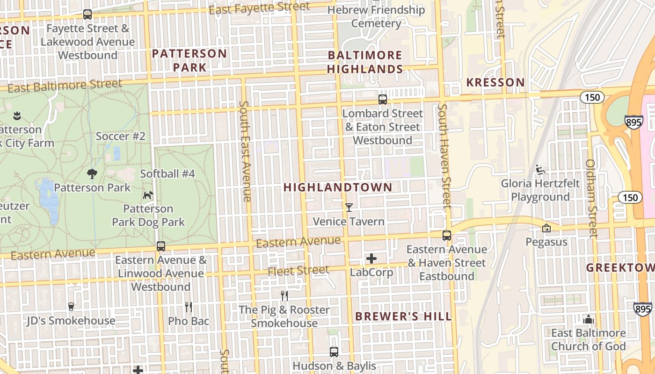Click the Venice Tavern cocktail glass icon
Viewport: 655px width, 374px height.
pyautogui.click(x=349, y=208)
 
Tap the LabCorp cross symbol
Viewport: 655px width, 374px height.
pyautogui.click(x=371, y=258)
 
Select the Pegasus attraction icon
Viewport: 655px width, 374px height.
pyautogui.click(x=546, y=228)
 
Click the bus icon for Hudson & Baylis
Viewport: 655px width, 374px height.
pyautogui.click(x=334, y=352)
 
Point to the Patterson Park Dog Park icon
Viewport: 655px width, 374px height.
pyautogui.click(x=148, y=195)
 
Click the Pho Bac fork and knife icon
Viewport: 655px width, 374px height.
pyautogui.click(x=189, y=307)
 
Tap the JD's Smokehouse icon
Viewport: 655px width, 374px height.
pyautogui.click(x=71, y=307)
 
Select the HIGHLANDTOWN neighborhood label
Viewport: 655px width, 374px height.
pyautogui.click(x=338, y=187)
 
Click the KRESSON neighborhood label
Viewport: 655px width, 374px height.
pyautogui.click(x=495, y=83)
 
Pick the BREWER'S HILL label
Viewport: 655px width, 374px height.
pyautogui.click(x=403, y=316)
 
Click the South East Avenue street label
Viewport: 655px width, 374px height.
pyautogui.click(x=245, y=151)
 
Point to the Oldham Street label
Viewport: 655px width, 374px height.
pyautogui.click(x=592, y=198)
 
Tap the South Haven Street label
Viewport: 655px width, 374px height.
pyautogui.click(x=444, y=156)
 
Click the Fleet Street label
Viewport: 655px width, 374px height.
pyautogui.click(x=298, y=270)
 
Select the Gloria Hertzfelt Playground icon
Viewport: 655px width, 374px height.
pyautogui.click(x=540, y=169)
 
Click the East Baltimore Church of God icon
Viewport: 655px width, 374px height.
pyautogui.click(x=589, y=320)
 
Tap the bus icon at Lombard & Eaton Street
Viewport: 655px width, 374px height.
pyautogui.click(x=382, y=100)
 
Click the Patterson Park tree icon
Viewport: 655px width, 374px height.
pyautogui.click(x=92, y=174)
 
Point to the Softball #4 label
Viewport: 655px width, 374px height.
pyautogui.click(x=167, y=174)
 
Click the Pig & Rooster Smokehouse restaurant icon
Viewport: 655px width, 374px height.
pyautogui.click(x=284, y=295)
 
